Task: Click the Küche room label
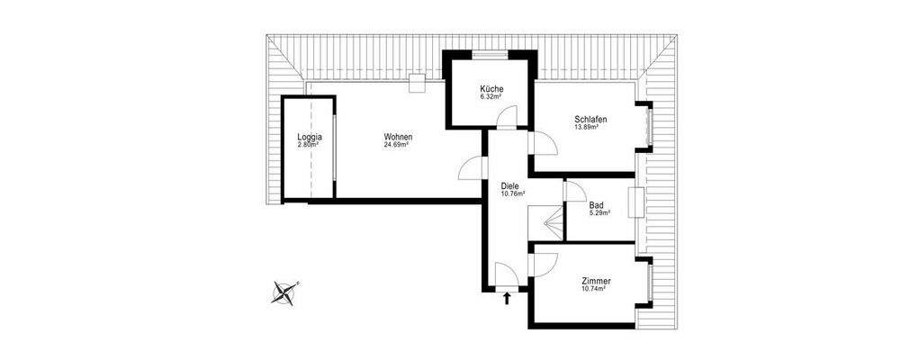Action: click(491, 89)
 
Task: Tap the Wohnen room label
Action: click(397, 137)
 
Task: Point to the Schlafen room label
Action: click(590, 120)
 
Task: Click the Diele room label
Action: click(511, 186)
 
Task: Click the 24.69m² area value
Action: click(397, 145)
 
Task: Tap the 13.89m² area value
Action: click(587, 128)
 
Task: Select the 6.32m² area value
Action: click(491, 96)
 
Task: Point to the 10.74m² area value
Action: click(594, 289)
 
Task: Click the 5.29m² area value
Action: click(599, 213)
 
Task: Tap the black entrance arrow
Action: click(509, 298)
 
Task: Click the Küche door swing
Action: click(509, 117)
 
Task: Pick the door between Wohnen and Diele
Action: click(472, 168)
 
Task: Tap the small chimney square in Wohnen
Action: click(417, 85)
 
